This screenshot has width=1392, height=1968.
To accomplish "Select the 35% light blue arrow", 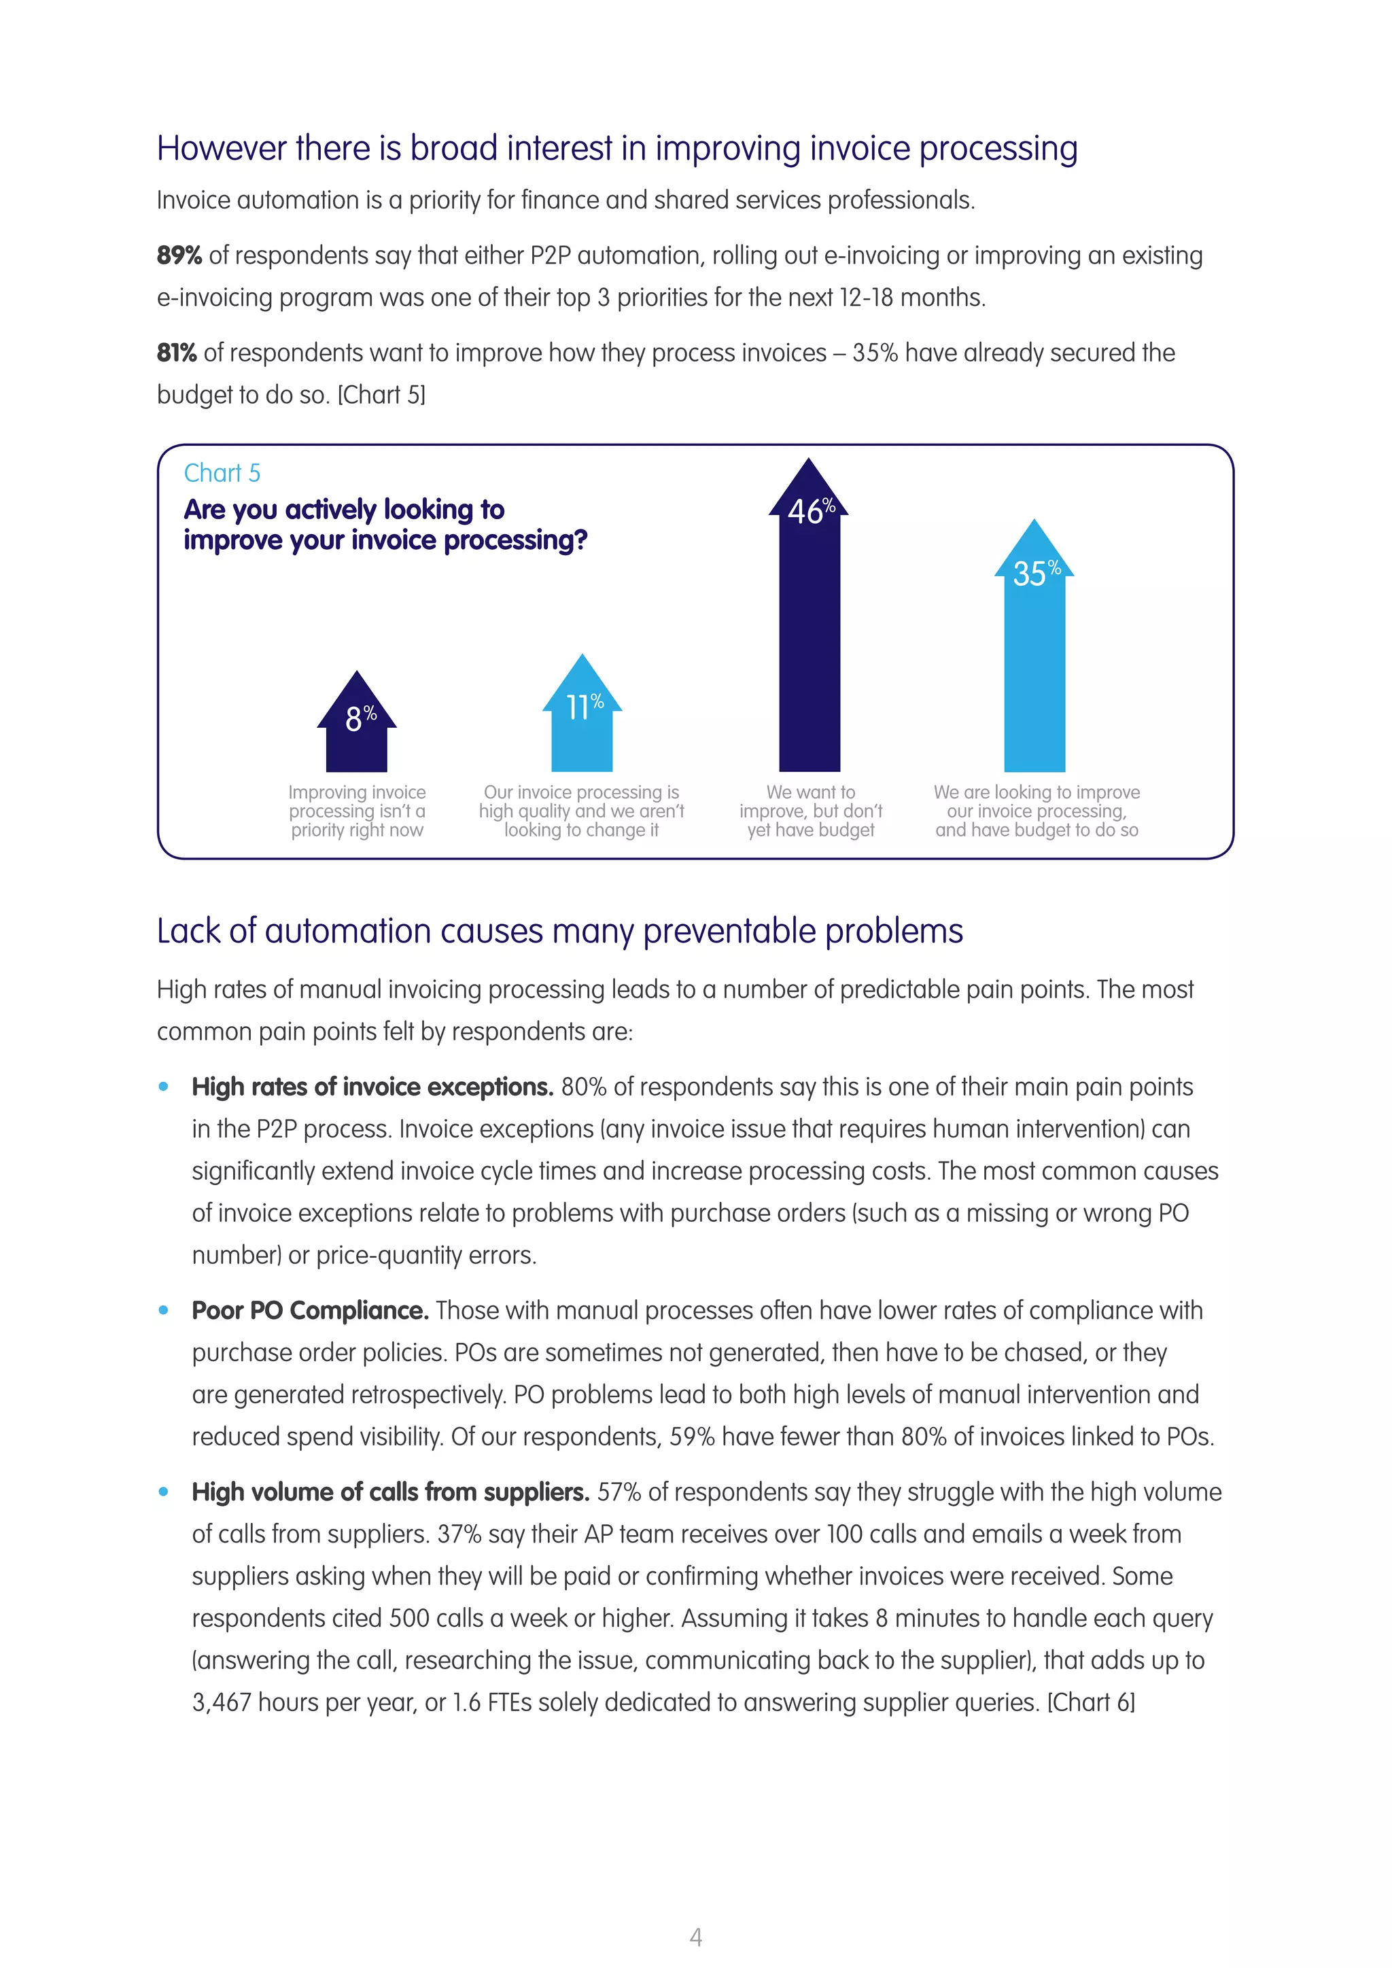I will click(x=1034, y=660).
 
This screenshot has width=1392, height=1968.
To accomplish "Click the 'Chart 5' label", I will click(x=222, y=473).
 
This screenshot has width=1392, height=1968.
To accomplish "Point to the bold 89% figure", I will click(x=179, y=256).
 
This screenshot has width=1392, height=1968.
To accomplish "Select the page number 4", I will click(x=695, y=1936).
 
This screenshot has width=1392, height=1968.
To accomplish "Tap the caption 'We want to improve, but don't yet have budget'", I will click(x=810, y=811).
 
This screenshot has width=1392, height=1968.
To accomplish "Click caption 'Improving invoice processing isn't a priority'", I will click(x=357, y=811).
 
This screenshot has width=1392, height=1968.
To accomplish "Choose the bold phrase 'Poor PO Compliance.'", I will click(x=309, y=1311).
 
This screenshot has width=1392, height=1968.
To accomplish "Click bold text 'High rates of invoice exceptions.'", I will click(x=372, y=1087).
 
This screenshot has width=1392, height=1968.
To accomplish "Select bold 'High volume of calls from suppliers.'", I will click(x=390, y=1492).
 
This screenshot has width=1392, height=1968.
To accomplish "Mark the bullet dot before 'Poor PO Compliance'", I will click(x=164, y=1311).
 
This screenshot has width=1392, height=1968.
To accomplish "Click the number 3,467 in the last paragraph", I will click(x=221, y=1702).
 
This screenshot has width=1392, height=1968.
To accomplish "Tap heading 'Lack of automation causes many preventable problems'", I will click(x=559, y=932).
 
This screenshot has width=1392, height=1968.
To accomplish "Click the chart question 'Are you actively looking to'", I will click(x=344, y=510).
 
